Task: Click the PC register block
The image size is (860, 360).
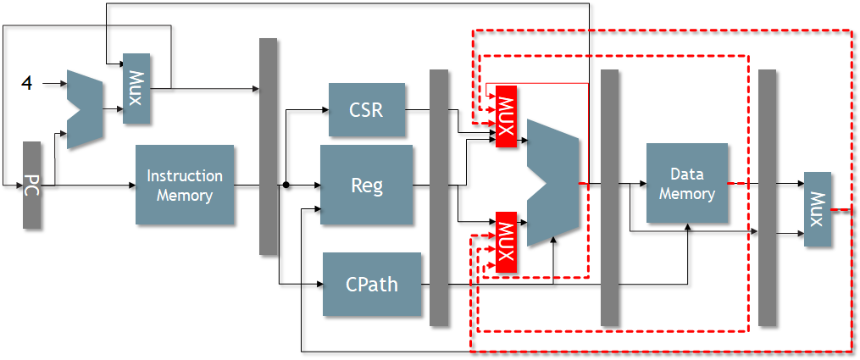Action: pyautogui.click(x=32, y=185)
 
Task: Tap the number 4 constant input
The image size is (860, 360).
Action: pyautogui.click(x=26, y=84)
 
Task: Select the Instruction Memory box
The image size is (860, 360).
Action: pyautogui.click(x=185, y=185)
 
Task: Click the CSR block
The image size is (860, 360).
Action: pyautogui.click(x=367, y=109)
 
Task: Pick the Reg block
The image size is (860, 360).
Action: pyautogui.click(x=366, y=185)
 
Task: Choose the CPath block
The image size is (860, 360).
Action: pyautogui.click(x=372, y=284)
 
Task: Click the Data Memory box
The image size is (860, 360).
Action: pyautogui.click(x=686, y=184)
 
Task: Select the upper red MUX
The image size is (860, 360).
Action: pyautogui.click(x=506, y=116)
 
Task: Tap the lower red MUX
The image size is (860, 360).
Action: pyautogui.click(x=506, y=241)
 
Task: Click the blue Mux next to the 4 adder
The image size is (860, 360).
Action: pyautogui.click(x=136, y=88)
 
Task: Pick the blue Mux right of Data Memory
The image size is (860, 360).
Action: pyautogui.click(x=818, y=209)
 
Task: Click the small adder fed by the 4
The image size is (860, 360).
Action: pyautogui.click(x=84, y=109)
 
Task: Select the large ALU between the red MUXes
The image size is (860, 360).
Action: pyautogui.click(x=552, y=183)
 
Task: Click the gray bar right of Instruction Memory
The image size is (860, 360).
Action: pyautogui.click(x=268, y=146)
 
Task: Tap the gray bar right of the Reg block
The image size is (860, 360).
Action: pyautogui.click(x=439, y=197)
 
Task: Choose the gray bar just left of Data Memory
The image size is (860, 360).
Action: pyautogui.click(x=609, y=197)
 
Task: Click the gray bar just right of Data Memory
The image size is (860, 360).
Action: pyautogui.click(x=767, y=197)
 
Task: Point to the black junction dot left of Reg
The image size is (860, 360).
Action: pyautogui.click(x=286, y=185)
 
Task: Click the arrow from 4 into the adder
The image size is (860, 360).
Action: pyautogui.click(x=55, y=84)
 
